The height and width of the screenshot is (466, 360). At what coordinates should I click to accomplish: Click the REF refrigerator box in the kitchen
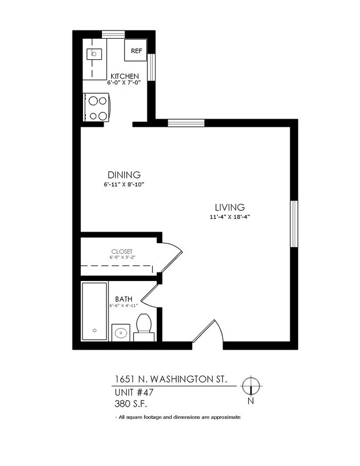(x=136, y=50)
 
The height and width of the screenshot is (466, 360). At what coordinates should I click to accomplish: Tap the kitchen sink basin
(x=94, y=54)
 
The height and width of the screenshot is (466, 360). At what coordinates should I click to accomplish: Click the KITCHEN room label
(x=125, y=76)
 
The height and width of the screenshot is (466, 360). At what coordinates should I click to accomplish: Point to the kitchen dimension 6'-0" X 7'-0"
(x=125, y=83)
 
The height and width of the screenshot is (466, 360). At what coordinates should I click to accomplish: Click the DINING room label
(x=124, y=175)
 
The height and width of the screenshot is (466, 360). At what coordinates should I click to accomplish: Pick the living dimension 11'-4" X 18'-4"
(x=227, y=217)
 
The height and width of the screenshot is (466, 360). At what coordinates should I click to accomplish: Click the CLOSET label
(x=121, y=251)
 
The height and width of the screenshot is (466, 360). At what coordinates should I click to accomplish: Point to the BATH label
(x=124, y=299)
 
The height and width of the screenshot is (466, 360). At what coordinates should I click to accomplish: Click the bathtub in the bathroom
(x=95, y=311)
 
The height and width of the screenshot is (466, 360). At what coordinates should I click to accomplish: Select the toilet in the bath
(x=144, y=327)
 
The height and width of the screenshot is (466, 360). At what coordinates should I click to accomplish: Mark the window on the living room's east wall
(x=294, y=224)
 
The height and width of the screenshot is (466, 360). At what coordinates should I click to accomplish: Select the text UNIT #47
(x=133, y=392)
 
